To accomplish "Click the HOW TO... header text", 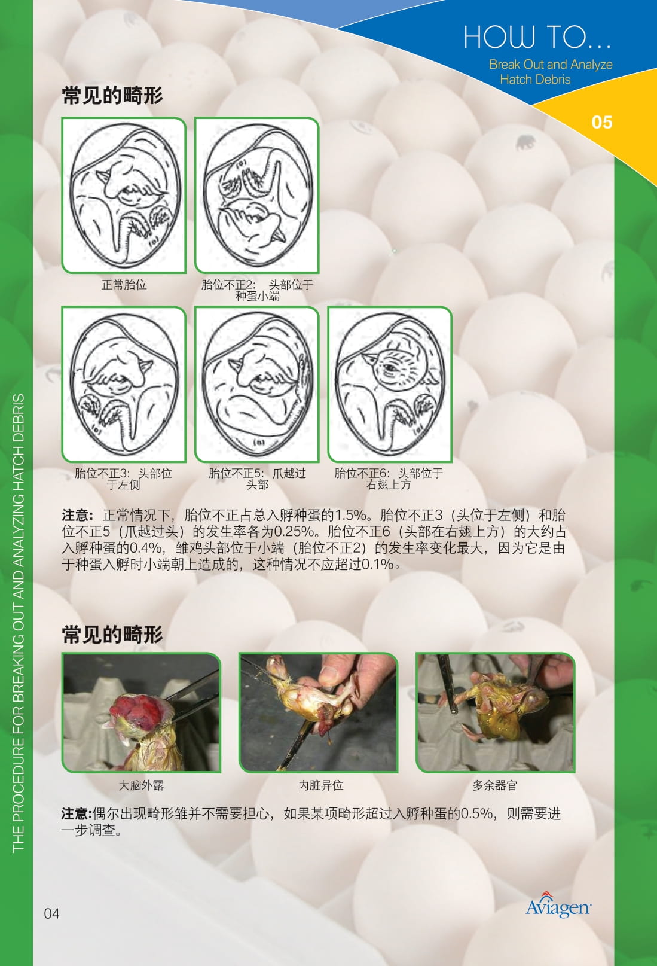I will point(537,37).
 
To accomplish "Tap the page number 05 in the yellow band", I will point(601,122).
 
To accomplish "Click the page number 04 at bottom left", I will point(51,913).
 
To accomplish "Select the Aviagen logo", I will point(558,906).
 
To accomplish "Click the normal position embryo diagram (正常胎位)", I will point(124,196).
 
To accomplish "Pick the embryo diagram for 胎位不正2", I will point(256,196).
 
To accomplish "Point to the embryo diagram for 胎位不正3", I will point(124,385).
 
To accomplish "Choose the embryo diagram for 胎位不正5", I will point(256,385).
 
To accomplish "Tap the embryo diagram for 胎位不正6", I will point(389,385).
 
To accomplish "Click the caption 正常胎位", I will point(124,285).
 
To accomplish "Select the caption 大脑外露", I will point(140,785).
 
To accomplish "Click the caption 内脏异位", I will point(320,785).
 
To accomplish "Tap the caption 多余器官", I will point(494,785).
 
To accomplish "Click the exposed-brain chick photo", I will point(141,712).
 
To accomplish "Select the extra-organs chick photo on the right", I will point(495,712).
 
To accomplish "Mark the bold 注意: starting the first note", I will point(77,516).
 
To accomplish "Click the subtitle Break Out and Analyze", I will point(550,65).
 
